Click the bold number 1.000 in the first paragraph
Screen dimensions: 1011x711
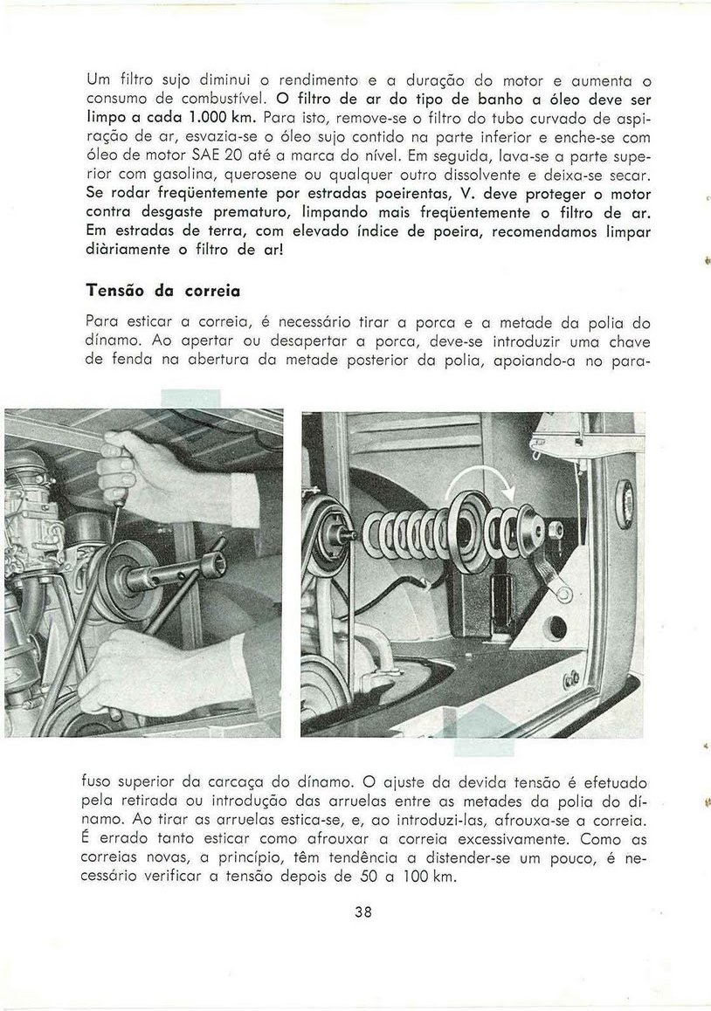pos(193,116)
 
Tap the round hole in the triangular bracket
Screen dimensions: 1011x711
pos(558,629)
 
